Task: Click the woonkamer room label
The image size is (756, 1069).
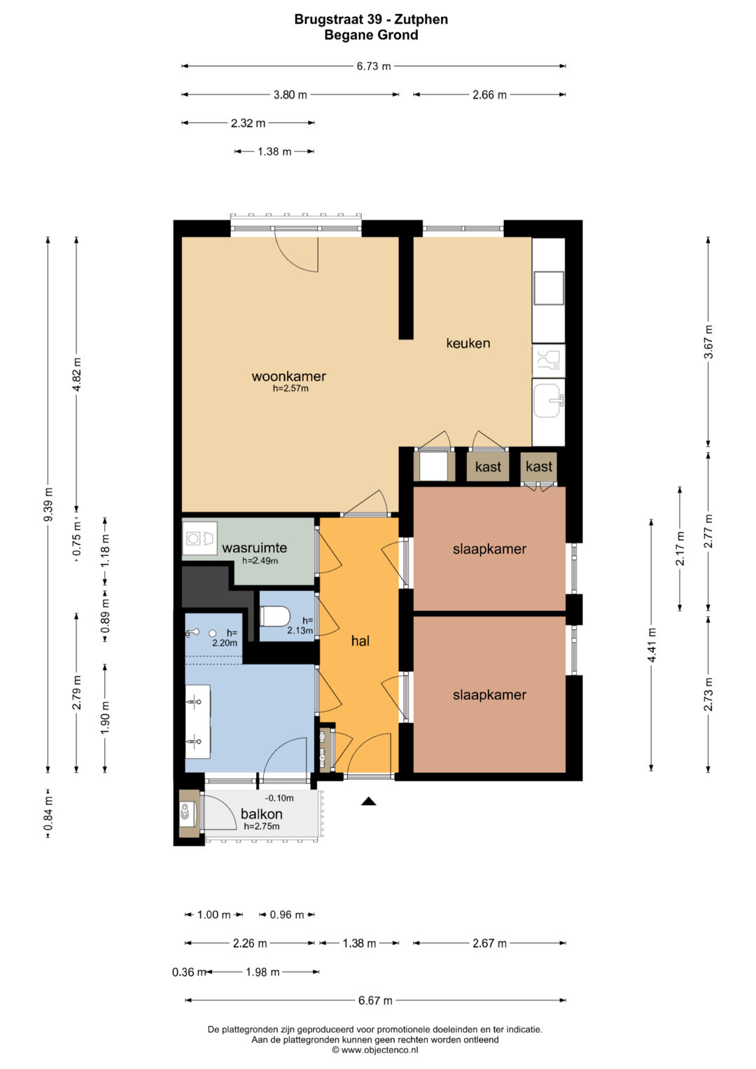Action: [x=288, y=376]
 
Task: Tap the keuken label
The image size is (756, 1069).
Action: [x=468, y=342]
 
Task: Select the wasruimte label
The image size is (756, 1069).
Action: [x=254, y=547]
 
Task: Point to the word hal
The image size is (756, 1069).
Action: [x=360, y=641]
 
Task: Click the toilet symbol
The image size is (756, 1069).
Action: [x=274, y=615]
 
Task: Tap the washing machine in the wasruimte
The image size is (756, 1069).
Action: [x=200, y=538]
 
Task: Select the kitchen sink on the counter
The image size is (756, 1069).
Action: [x=549, y=400]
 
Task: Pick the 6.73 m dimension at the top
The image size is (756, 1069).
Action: [x=374, y=67]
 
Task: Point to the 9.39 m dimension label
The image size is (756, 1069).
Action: [x=48, y=505]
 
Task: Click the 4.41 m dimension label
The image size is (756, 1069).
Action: [x=652, y=645]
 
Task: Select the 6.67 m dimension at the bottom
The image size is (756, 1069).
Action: [x=375, y=1000]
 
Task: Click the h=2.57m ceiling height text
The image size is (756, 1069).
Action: [x=290, y=389]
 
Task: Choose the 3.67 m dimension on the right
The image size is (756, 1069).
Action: [x=709, y=342]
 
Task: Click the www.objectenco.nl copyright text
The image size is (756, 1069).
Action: [x=375, y=1050]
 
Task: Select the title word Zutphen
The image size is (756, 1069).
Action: [x=421, y=20]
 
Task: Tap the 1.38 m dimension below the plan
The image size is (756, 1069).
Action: [x=359, y=943]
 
